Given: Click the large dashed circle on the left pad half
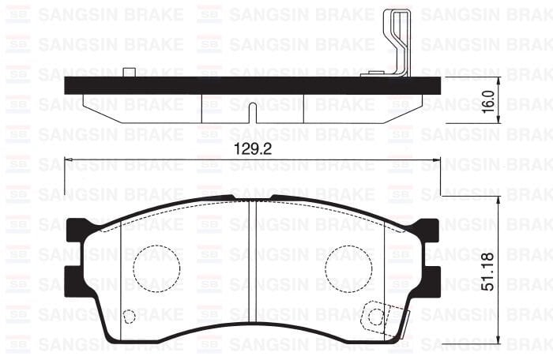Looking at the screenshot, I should click(x=156, y=266).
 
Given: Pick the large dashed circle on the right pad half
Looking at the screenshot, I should click(x=349, y=266).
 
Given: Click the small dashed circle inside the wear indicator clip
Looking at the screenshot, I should click(x=376, y=317).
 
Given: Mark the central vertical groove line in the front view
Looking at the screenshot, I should click(x=250, y=268).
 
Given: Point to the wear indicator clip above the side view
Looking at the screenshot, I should click(x=395, y=43).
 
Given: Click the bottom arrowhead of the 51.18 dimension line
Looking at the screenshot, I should click(x=498, y=340).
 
